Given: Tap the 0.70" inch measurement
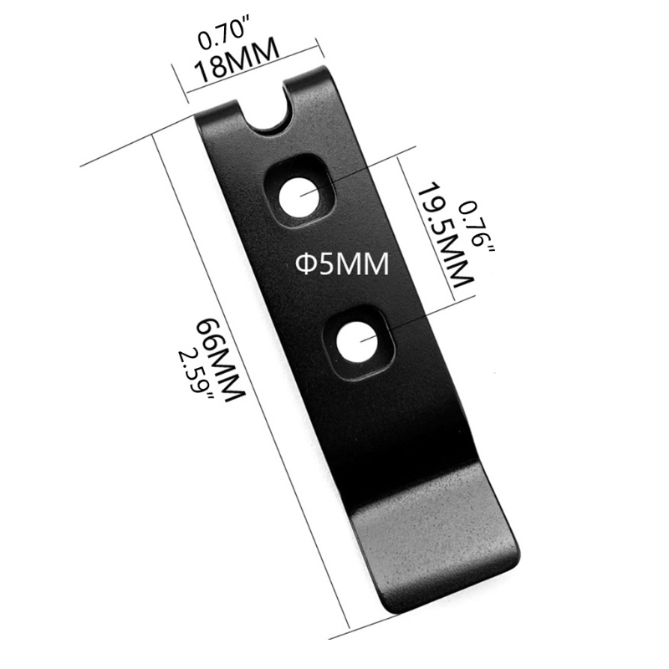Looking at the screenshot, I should pyautogui.click(x=225, y=38).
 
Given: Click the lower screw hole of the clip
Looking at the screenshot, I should pyautogui.click(x=357, y=342).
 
